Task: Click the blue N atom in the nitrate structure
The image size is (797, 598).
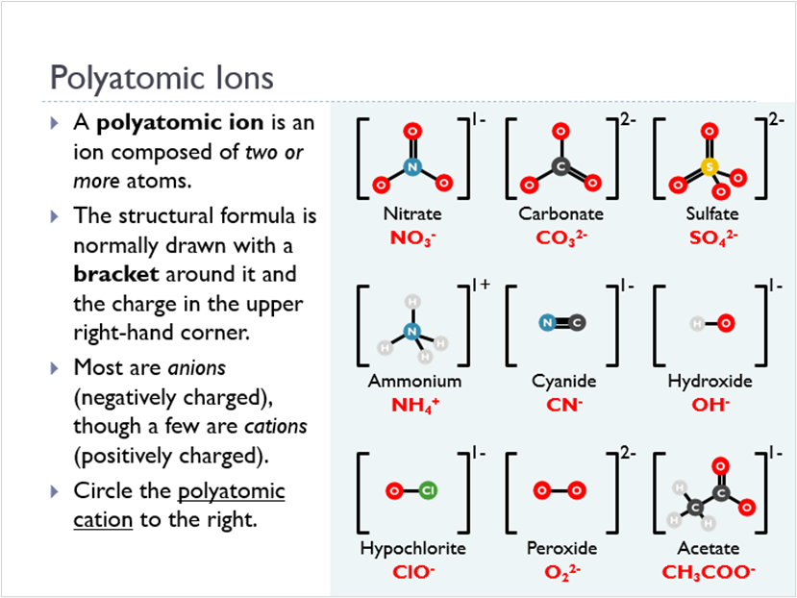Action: point(412,166)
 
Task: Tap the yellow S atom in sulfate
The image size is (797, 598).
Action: point(710,167)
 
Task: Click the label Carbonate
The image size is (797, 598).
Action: point(561,213)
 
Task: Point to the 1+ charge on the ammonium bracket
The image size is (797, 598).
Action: point(481,286)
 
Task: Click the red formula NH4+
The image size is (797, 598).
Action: point(414,404)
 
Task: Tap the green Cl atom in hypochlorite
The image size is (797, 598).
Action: point(429,491)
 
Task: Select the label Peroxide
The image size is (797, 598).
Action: point(561,548)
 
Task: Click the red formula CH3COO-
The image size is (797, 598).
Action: point(709,571)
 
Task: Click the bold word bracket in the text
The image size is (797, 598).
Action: point(113,273)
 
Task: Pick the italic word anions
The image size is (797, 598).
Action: point(196,367)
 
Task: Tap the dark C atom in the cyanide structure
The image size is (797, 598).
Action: point(577,324)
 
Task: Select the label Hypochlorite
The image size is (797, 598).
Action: point(412,548)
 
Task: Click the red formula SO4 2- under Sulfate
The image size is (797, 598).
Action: point(710,237)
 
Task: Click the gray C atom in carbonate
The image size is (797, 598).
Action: point(561,167)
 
